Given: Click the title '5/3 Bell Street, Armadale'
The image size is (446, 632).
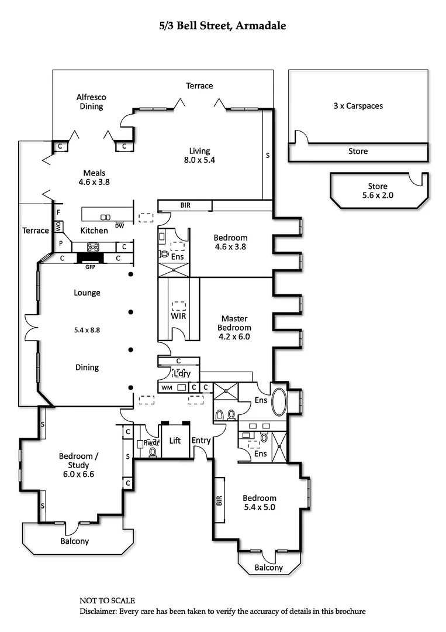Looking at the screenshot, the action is click(x=223, y=26).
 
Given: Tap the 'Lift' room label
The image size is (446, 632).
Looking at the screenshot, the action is click(x=175, y=440).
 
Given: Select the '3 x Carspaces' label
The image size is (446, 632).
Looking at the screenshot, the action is click(x=358, y=106).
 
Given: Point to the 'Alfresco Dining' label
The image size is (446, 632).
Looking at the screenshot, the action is click(x=91, y=102).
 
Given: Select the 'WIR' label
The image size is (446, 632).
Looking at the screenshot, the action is click(x=178, y=316).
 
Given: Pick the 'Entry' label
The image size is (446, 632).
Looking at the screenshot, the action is click(x=201, y=440).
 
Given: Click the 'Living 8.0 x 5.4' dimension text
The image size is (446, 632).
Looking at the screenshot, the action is click(x=199, y=160).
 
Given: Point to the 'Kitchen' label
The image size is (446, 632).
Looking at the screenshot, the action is click(x=94, y=231).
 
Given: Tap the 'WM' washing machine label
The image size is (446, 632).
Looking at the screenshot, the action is click(x=166, y=387).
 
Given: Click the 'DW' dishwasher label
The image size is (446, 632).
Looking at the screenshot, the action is click(x=119, y=225).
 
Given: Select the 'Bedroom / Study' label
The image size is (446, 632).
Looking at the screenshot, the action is click(x=77, y=461).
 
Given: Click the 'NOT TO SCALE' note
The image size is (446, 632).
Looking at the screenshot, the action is click(x=107, y=600).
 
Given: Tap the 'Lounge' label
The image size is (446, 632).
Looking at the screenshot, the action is click(x=87, y=293).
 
